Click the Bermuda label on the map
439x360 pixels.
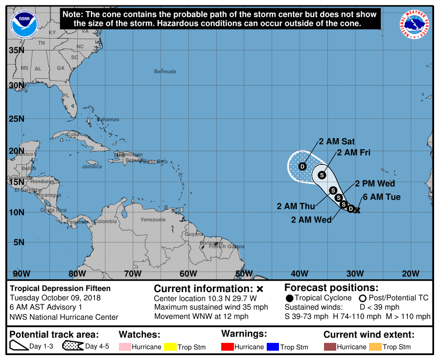pos(165,71)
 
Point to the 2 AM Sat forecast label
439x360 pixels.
pos(337,141)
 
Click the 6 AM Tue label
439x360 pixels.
pos(381,197)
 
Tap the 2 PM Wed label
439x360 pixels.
pos(375,184)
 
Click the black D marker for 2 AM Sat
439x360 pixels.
pos(302,166)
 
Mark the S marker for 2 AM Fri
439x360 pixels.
pos(322,175)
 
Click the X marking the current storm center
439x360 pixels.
pos(357,210)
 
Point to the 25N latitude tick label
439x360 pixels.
pos(17,119)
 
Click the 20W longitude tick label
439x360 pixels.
pos(410,273)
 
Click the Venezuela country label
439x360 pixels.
pos(153,220)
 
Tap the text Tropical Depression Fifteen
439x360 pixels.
pos(61,289)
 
